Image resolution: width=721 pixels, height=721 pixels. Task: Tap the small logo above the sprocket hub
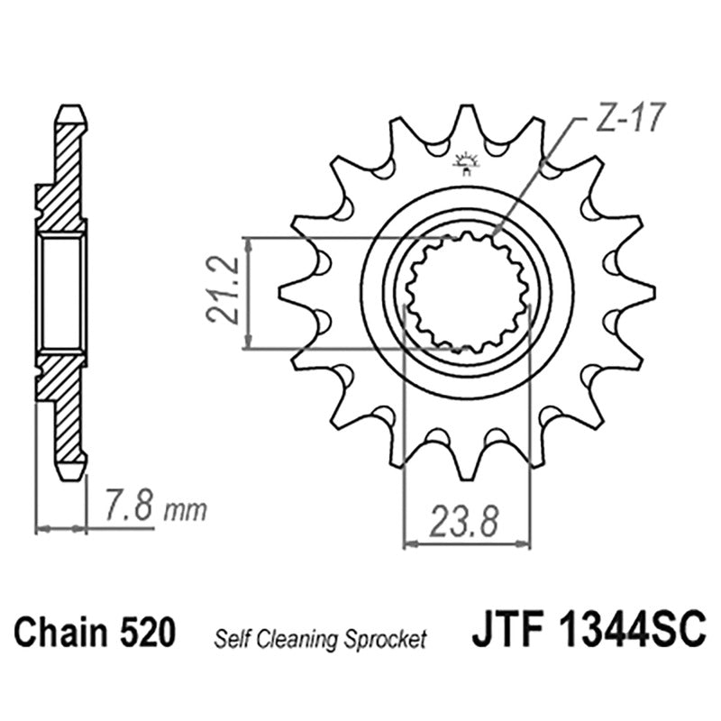click(x=466, y=162)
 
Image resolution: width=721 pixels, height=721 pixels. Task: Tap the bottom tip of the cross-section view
click(x=71, y=472)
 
